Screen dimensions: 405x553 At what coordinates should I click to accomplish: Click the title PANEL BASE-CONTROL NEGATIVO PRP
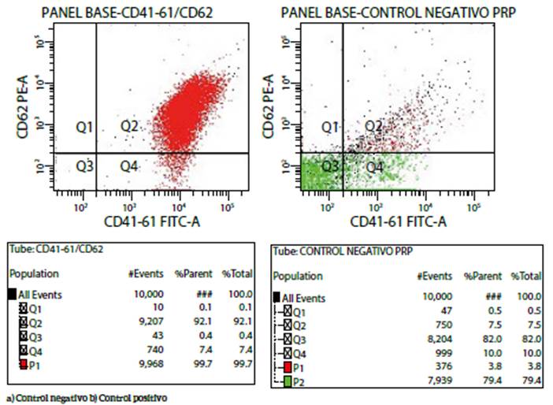[x=391, y=10]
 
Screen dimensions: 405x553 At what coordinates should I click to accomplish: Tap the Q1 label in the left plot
[x=85, y=126]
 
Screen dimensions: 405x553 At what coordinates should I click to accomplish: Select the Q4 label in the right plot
[x=374, y=166]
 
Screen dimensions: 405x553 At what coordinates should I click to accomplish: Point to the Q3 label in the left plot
[x=85, y=165]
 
